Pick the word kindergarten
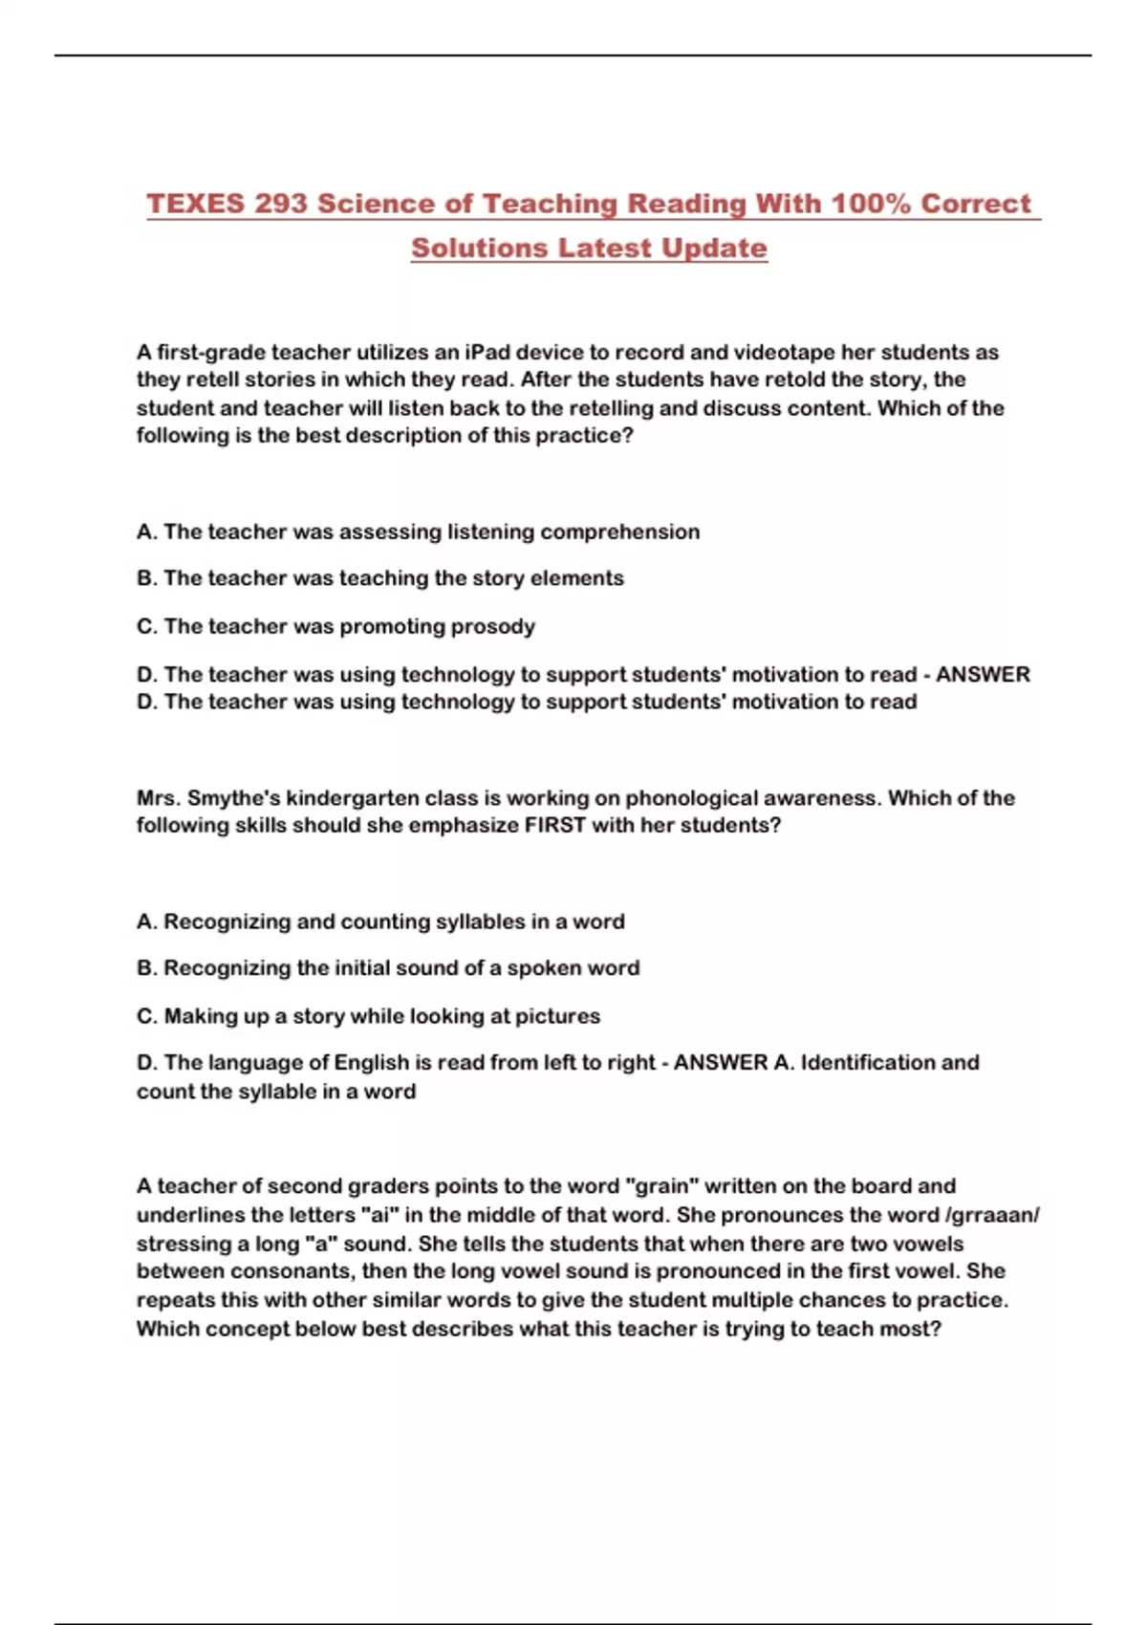(353, 798)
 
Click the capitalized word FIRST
(554, 825)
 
